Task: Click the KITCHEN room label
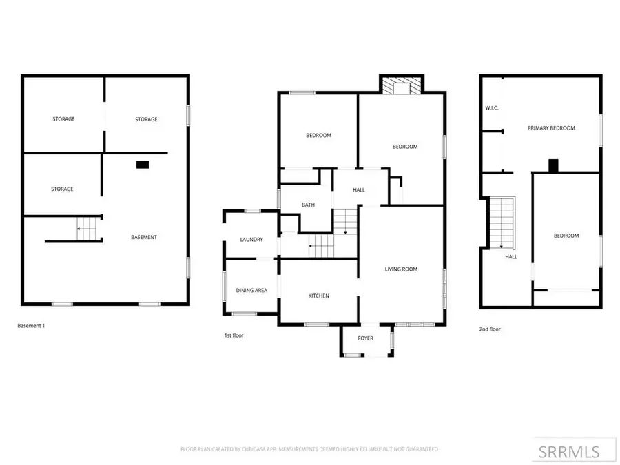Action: coord(318,296)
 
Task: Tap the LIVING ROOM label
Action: coord(401,269)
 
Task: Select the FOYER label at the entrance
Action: coord(365,338)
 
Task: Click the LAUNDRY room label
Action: coord(251,240)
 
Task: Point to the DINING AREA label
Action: coord(251,291)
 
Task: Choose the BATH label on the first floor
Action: coord(309,205)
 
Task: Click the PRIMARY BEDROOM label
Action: coord(551,128)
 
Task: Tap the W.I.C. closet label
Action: coord(492,108)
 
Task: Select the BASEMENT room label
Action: coord(144,237)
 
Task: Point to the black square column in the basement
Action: coord(143,165)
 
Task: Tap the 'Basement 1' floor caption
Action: coord(31,325)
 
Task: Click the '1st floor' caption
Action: coord(234,335)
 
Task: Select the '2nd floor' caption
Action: coord(490,329)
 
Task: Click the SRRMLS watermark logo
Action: coord(569,451)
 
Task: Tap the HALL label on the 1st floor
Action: coord(359,190)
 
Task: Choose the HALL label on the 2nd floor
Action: coord(511,257)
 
